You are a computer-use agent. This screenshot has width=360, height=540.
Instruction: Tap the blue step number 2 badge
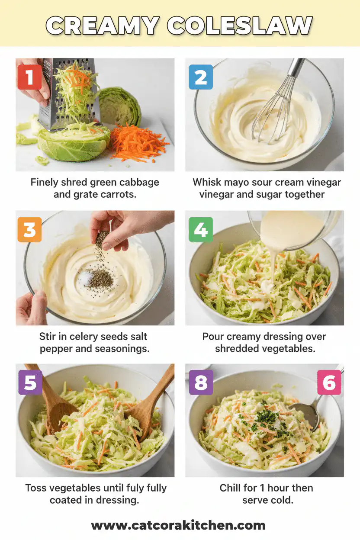pyautogui.click(x=200, y=77)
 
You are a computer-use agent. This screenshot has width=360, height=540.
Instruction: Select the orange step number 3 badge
pyautogui.click(x=29, y=229)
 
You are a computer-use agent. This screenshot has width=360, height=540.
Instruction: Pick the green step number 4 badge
pyautogui.click(x=200, y=229)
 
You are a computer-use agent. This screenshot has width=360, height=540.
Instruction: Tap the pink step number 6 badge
pyautogui.click(x=329, y=382)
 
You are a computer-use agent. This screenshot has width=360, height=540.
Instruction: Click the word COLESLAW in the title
pyautogui.click(x=239, y=26)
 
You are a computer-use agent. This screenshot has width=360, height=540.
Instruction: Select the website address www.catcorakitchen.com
pyautogui.click(x=178, y=525)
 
